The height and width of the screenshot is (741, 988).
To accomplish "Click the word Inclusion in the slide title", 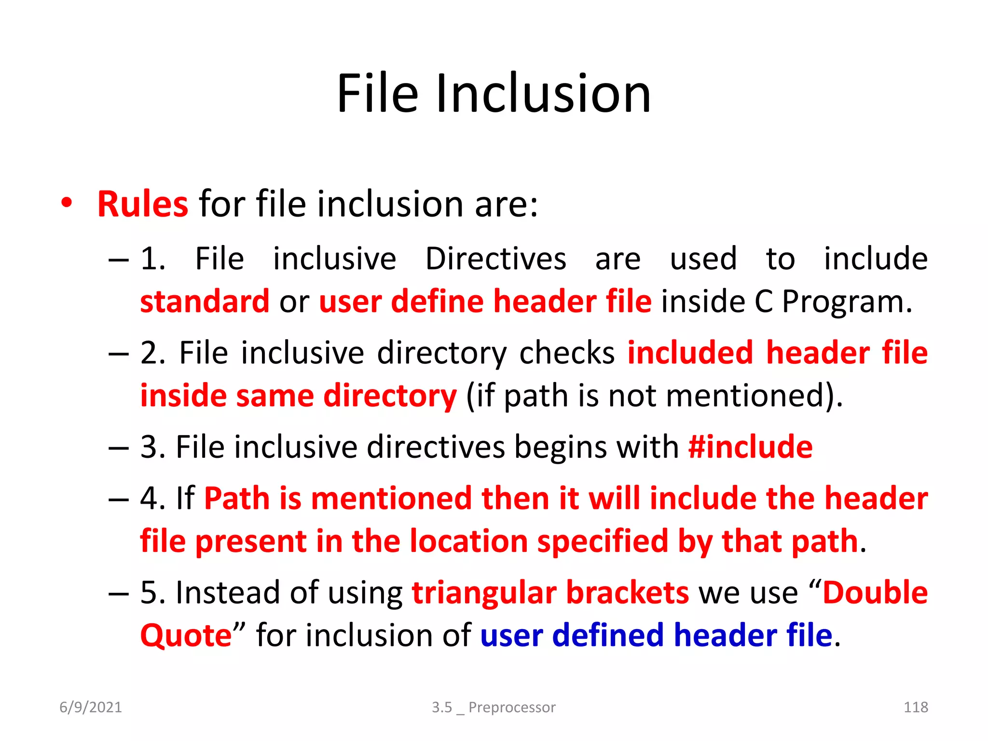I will click(x=544, y=94).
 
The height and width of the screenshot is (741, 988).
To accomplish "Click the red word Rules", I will click(x=142, y=204).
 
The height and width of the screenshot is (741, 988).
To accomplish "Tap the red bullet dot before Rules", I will click(x=67, y=203).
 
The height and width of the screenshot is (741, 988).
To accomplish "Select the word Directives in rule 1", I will click(x=495, y=259).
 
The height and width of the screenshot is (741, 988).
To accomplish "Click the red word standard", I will click(x=205, y=302).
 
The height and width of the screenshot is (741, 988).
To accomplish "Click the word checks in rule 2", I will click(x=567, y=353).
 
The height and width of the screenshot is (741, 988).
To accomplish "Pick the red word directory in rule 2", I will click(x=390, y=396).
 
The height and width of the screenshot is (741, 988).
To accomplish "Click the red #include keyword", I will click(x=750, y=447).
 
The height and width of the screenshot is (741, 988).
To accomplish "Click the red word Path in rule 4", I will click(x=236, y=498).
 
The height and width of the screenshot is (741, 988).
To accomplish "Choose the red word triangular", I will click(x=484, y=592).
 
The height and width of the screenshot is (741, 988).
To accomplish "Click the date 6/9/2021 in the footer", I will click(x=91, y=707).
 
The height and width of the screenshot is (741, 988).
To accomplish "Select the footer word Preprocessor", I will click(x=512, y=707).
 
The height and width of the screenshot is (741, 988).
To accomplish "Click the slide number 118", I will click(x=915, y=707).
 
